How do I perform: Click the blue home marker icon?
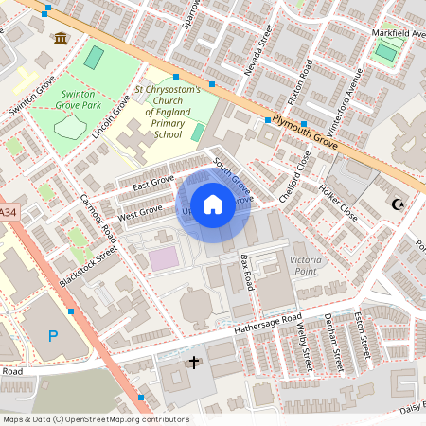tap(213, 204)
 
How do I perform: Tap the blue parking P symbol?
tap(53, 336)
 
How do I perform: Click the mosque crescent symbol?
tap(398, 204)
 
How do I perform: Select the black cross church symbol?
tap(195, 363)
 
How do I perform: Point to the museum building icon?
tap(62, 38)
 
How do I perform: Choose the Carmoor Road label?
tap(98, 217)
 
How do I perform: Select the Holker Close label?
tap(339, 202)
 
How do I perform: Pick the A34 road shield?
tap(8, 214)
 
